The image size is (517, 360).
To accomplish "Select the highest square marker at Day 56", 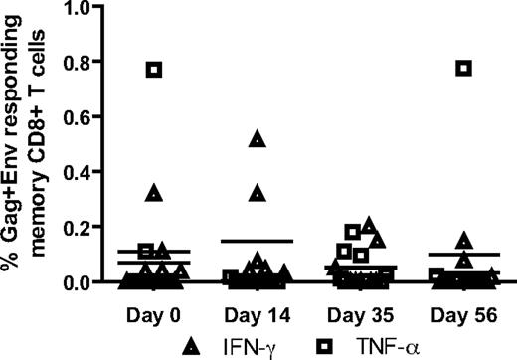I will point(463,68).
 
